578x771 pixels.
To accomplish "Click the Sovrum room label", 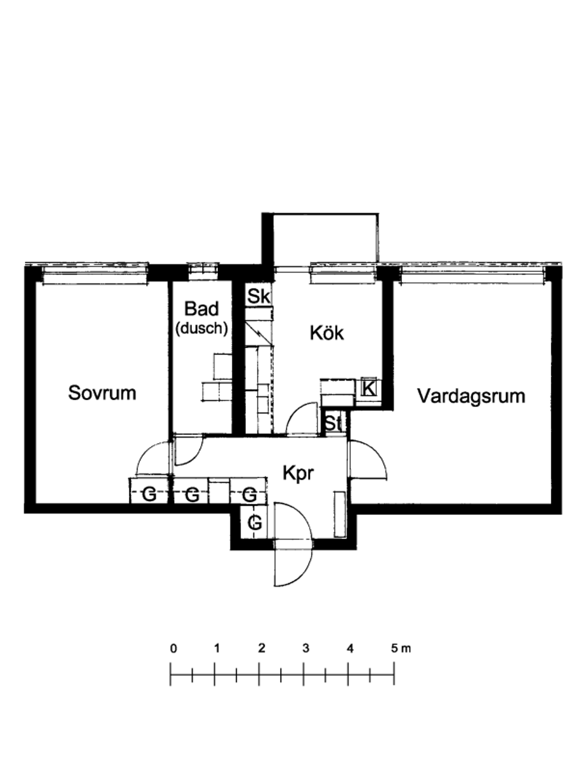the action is pyautogui.click(x=102, y=393).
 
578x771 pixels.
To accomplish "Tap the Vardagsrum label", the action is pyautogui.click(x=471, y=396).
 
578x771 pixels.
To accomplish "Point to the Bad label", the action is pyautogui.click(x=202, y=308).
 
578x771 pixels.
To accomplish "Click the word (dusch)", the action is pyautogui.click(x=202, y=328).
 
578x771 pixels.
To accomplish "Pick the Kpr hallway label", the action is pyautogui.click(x=298, y=474).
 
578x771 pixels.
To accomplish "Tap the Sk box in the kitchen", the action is pyautogui.click(x=258, y=296).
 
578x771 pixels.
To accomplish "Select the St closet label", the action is pyautogui.click(x=333, y=423).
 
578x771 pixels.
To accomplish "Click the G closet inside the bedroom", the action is pyautogui.click(x=149, y=495).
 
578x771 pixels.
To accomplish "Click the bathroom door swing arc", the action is pyautogui.click(x=195, y=456).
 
